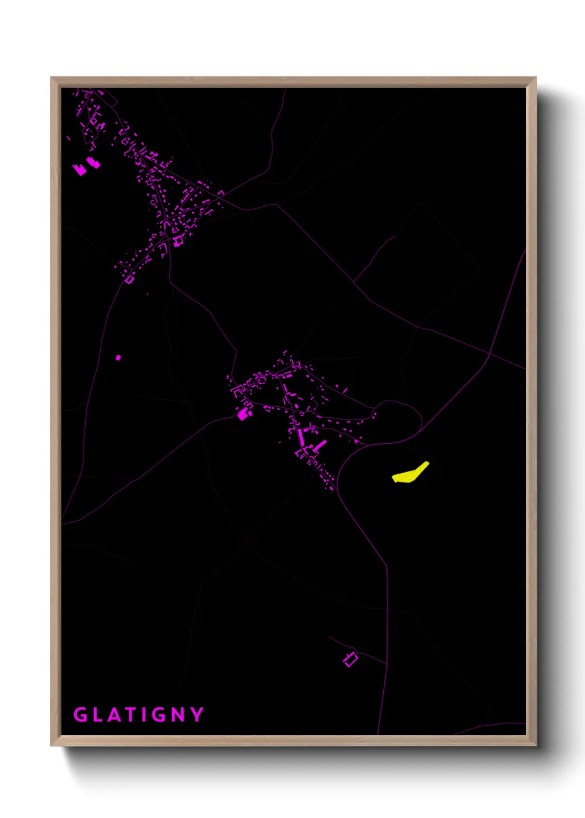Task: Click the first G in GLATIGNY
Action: tap(81, 715)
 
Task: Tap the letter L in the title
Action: tap(97, 715)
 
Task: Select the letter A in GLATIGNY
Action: tap(114, 715)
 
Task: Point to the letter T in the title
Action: tap(130, 715)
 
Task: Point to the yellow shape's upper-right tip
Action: tap(427, 463)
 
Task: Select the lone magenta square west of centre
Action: tap(118, 358)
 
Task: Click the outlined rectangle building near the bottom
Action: tap(350, 659)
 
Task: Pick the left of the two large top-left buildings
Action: tap(80, 169)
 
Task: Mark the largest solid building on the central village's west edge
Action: tap(243, 414)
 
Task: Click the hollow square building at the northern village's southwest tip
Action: tap(129, 280)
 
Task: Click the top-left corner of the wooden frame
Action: tap(51, 78)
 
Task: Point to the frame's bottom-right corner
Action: tap(535, 745)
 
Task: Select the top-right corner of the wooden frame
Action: tap(535, 78)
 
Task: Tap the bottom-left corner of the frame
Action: tap(51, 745)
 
